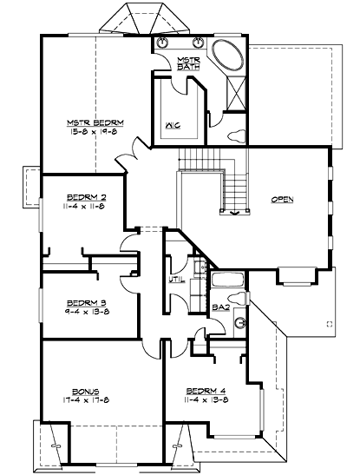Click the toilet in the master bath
tap(234, 135)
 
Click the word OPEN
tap(282, 199)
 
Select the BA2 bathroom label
tap(220, 307)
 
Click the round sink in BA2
tap(239, 322)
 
